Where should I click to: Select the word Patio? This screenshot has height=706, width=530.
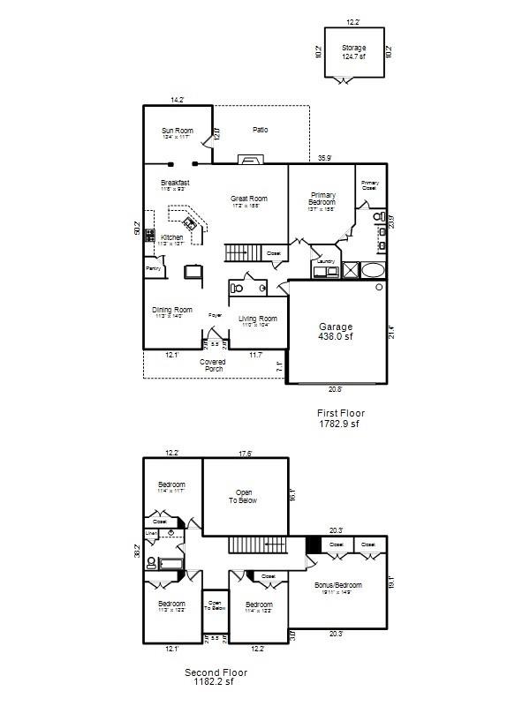pyautogui.click(x=260, y=130)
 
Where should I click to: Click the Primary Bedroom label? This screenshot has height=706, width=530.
pyautogui.click(x=322, y=199)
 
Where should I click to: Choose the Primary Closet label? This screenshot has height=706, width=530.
pyautogui.click(x=370, y=185)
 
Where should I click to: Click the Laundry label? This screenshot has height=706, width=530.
pyautogui.click(x=324, y=262)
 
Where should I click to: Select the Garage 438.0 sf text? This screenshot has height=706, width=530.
pyautogui.click(x=336, y=331)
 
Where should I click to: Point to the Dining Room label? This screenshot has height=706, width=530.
pyautogui.click(x=171, y=312)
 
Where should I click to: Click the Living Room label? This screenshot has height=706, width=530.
pyautogui.click(x=257, y=320)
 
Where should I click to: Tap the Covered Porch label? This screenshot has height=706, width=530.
pyautogui.click(x=214, y=364)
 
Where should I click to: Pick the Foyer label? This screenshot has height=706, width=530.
pyautogui.click(x=214, y=315)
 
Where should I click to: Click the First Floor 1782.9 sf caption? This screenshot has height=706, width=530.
pyautogui.click(x=340, y=418)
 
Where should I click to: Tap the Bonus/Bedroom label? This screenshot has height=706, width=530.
pyautogui.click(x=338, y=587)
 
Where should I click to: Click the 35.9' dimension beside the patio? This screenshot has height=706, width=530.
pyautogui.click(x=324, y=159)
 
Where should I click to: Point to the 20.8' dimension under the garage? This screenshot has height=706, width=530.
pyautogui.click(x=337, y=389)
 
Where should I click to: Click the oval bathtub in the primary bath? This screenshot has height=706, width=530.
pyautogui.click(x=375, y=269)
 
